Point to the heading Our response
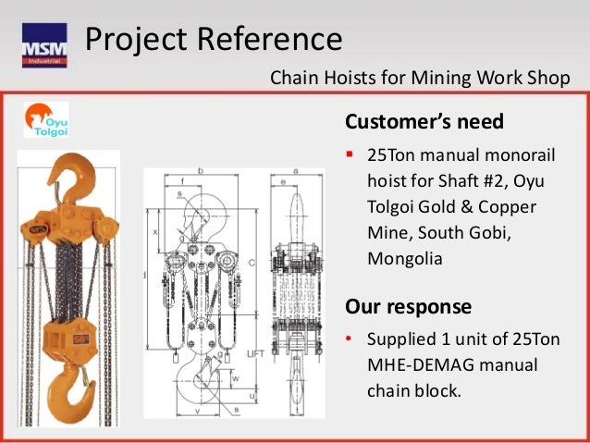[408, 306]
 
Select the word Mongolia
[405, 259]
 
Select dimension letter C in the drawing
[252, 262]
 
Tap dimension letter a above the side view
[293, 171]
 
